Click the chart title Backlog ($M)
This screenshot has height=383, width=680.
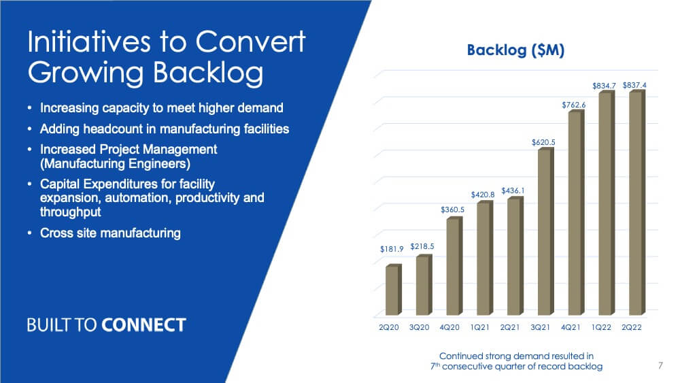pyautogui.click(x=515, y=50)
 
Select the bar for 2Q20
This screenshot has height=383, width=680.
pyautogui.click(x=393, y=289)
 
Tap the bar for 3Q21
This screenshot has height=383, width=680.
pyautogui.click(x=545, y=231)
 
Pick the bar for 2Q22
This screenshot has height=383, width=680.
pyautogui.click(x=636, y=203)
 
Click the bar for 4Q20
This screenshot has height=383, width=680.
pyautogui.click(x=454, y=266)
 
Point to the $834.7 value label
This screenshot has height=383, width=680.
pyautogui.click(x=604, y=86)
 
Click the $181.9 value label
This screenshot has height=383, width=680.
pyautogui.click(x=392, y=249)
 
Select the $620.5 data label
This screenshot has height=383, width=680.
pyautogui.click(x=543, y=142)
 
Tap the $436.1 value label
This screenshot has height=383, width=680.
pyautogui.click(x=513, y=191)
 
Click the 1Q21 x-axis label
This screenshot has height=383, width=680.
pyautogui.click(x=479, y=327)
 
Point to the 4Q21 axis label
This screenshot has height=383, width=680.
pyautogui.click(x=571, y=327)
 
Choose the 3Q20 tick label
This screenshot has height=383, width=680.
pyautogui.click(x=420, y=327)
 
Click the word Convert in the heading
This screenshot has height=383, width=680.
pyautogui.click(x=251, y=41)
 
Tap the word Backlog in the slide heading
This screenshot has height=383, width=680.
pyautogui.click(x=208, y=72)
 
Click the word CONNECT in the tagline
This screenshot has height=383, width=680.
pyautogui.click(x=144, y=325)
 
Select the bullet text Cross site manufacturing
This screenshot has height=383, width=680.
pyautogui.click(x=110, y=233)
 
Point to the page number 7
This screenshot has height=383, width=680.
pyautogui.click(x=660, y=365)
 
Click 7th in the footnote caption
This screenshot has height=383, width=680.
pyautogui.click(x=435, y=367)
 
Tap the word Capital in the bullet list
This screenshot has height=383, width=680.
pyautogui.click(x=60, y=184)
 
